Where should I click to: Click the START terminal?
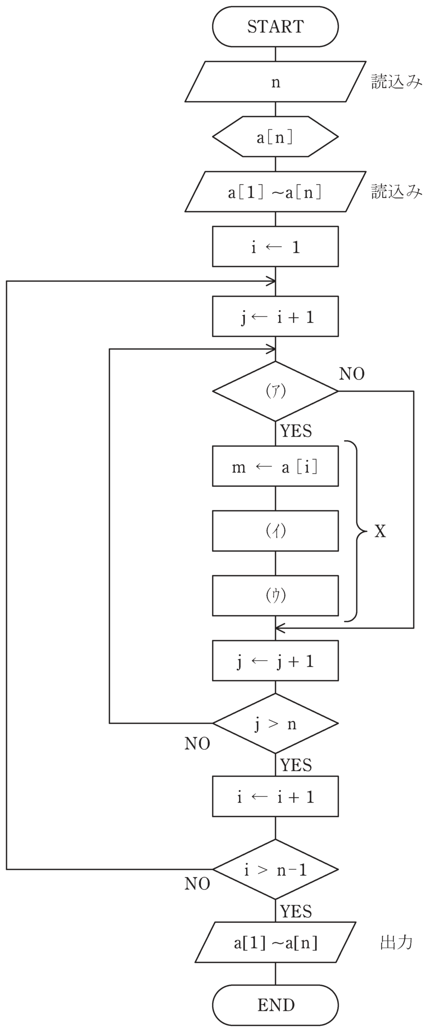point(275,27)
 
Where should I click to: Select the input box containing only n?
point(275,81)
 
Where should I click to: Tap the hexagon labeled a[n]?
point(275,137)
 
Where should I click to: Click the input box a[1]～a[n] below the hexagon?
point(275,191)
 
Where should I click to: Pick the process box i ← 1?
point(275,246)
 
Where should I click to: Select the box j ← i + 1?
point(275,316)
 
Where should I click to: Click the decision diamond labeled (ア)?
point(275,391)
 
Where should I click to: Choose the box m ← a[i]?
point(275,466)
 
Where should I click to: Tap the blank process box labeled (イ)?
point(275,531)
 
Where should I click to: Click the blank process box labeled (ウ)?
point(275,595)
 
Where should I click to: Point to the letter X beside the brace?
point(380,532)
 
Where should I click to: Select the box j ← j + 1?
point(275,661)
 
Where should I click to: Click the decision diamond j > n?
point(275,723)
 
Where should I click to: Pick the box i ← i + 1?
point(275,797)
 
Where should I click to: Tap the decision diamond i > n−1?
point(275,870)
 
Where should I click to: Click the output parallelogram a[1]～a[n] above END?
point(275,942)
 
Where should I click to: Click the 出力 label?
point(397,942)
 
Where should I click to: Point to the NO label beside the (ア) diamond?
point(352,374)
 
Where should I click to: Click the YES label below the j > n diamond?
point(296,765)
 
